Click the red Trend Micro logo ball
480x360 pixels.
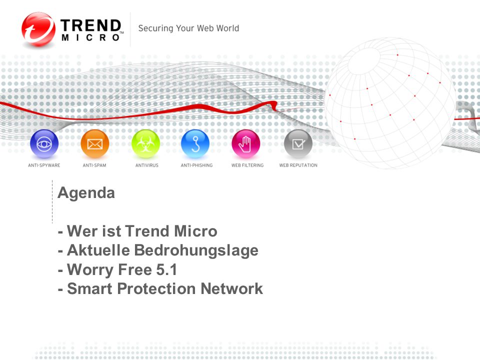pos(38,29)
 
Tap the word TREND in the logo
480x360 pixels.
pos(90,25)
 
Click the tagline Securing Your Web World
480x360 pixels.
pos(188,28)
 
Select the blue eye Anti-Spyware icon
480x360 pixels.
pos(44,144)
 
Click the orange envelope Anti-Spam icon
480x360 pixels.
pos(95,144)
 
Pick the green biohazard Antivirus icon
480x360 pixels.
pos(145,144)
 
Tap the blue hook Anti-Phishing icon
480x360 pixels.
pos(195,144)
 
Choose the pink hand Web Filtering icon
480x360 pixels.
pos(246,144)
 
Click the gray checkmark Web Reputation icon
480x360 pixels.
pos(298,144)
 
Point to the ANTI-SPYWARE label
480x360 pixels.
pos(44,165)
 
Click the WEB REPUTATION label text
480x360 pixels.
pos(298,165)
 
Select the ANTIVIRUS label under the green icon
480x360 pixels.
pos(147,165)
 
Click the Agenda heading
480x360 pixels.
pos(86,193)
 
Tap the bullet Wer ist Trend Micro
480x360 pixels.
pos(137,231)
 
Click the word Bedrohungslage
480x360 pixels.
pos(196,250)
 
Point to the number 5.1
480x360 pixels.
pos(166,269)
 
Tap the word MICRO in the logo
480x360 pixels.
pos(90,37)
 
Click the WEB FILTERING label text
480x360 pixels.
pos(247,165)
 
